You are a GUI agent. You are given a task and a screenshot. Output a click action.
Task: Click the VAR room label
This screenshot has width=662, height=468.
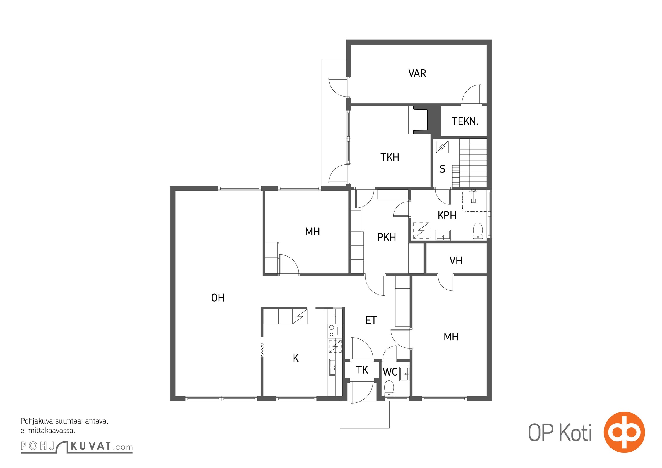417,73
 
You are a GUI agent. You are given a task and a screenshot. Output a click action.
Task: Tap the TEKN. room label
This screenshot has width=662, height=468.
465,121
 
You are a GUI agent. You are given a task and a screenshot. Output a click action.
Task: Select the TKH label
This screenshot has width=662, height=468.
390,157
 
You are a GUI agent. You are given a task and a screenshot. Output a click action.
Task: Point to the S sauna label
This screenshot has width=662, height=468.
443,169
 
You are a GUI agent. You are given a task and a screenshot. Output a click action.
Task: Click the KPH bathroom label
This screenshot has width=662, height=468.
447,215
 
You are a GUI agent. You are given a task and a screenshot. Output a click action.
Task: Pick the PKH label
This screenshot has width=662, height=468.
387,237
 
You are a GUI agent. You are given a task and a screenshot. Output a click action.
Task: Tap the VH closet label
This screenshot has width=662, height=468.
456,261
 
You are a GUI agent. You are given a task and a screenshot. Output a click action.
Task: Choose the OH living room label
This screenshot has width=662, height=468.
218,298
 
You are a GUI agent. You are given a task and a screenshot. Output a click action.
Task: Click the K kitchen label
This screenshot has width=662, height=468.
296,358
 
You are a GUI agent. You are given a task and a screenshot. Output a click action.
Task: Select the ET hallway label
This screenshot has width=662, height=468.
371,320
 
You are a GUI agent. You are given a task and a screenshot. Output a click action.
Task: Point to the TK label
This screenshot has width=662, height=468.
362,370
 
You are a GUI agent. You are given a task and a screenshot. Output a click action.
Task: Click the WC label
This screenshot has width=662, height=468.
390,372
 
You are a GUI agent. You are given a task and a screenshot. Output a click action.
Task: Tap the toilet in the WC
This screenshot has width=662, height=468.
389,388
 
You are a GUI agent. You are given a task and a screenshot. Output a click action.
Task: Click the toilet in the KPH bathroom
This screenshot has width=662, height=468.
478,231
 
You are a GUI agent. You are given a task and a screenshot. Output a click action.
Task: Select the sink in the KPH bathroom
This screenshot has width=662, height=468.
443,235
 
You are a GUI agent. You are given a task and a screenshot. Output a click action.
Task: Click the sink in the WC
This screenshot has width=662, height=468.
405,374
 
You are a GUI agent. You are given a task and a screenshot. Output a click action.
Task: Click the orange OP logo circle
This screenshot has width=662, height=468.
624,432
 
